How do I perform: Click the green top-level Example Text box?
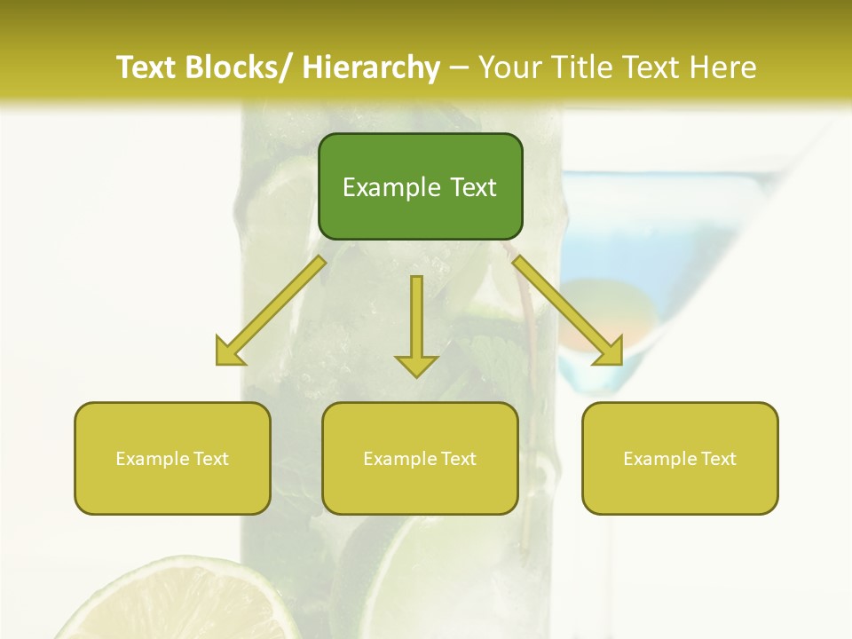[420, 186]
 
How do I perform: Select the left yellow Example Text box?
[172, 458]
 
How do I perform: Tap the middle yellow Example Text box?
[420, 458]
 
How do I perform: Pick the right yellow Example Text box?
[680, 458]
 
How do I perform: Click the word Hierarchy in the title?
[371, 67]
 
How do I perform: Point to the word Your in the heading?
[509, 67]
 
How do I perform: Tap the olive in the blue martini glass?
[612, 311]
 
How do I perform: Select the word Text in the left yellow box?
[212, 459]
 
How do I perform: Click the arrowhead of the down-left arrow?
[229, 353]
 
